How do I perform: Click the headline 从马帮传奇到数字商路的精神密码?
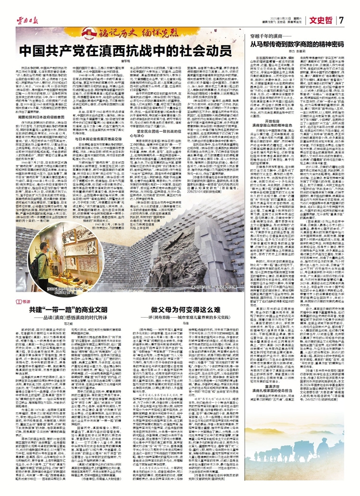point(300,45)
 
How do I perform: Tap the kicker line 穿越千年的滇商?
point(267,37)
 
